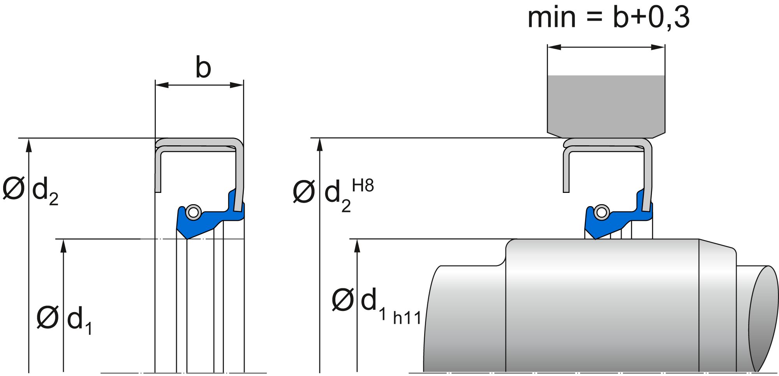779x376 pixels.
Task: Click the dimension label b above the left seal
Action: (x=203, y=68)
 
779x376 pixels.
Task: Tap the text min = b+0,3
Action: (x=608, y=17)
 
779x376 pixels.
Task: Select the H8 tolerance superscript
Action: (x=363, y=186)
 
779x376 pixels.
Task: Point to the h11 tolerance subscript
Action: (x=407, y=318)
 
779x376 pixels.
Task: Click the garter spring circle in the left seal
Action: (x=193, y=213)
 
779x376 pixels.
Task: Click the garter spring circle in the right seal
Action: (x=602, y=213)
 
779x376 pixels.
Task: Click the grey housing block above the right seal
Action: (x=606, y=105)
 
